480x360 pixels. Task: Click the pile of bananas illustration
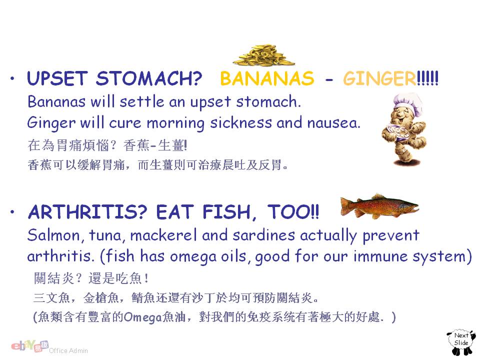click(263, 55)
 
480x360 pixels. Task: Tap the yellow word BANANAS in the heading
click(267, 78)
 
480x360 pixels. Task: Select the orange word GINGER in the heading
click(379, 78)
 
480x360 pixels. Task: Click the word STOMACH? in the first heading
click(149, 78)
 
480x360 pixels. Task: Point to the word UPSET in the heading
click(57, 78)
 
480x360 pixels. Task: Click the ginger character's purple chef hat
click(408, 103)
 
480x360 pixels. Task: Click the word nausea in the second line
click(333, 123)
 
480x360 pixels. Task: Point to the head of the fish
click(409, 206)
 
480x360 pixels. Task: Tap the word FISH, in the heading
click(229, 212)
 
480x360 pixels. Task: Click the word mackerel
click(163, 235)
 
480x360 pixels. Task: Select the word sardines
click(264, 235)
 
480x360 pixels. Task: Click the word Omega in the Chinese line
click(143, 317)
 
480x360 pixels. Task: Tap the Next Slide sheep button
click(461, 342)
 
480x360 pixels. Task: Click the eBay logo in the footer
click(29, 346)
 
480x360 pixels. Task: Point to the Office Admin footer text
click(68, 351)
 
